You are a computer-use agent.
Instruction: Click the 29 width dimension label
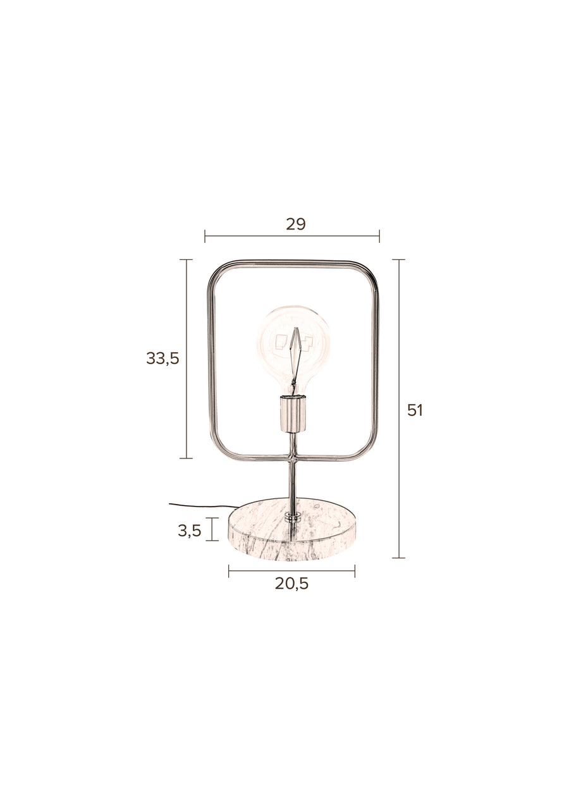click(x=296, y=224)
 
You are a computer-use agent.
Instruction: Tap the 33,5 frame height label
click(x=162, y=359)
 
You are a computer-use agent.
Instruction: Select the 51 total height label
click(x=415, y=410)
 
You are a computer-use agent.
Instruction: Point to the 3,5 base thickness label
click(x=189, y=531)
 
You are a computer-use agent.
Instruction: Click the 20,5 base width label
click(x=291, y=584)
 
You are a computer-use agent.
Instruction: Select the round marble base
click(x=292, y=529)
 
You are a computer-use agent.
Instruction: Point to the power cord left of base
click(x=203, y=506)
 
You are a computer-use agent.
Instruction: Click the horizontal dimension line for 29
click(x=292, y=237)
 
